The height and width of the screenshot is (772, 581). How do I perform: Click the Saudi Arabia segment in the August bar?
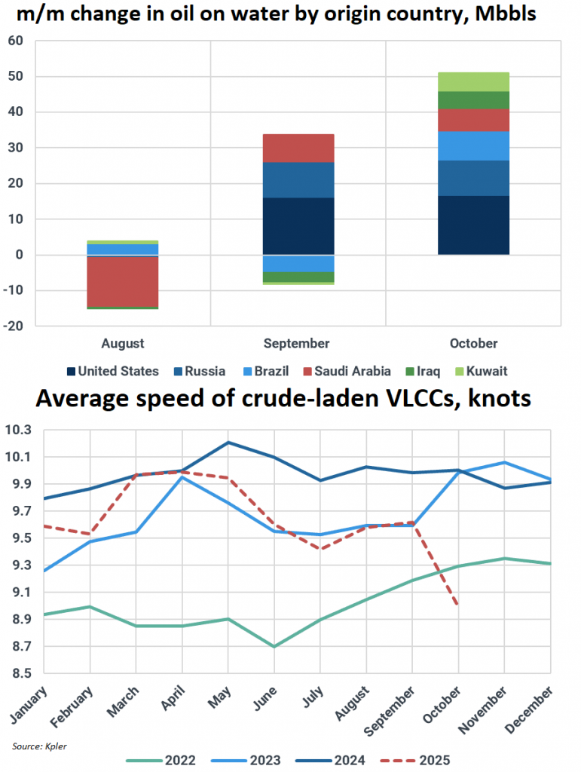[122, 281]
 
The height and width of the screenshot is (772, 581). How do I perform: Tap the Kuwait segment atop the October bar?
[473, 81]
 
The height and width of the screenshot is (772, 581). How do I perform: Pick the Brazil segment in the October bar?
[473, 146]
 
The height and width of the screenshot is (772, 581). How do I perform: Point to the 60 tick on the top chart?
[16, 41]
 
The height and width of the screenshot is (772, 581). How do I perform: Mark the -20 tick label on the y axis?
[14, 326]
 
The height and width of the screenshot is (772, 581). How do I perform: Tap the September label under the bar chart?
[297, 344]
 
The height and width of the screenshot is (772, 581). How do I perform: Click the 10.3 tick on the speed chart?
[20, 430]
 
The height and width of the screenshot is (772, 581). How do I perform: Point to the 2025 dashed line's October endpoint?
[458, 603]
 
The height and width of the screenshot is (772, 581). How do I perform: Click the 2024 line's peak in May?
[228, 442]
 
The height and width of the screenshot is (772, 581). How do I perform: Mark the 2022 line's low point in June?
[274, 646]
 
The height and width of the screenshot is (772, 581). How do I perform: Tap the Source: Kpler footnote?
[38, 746]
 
